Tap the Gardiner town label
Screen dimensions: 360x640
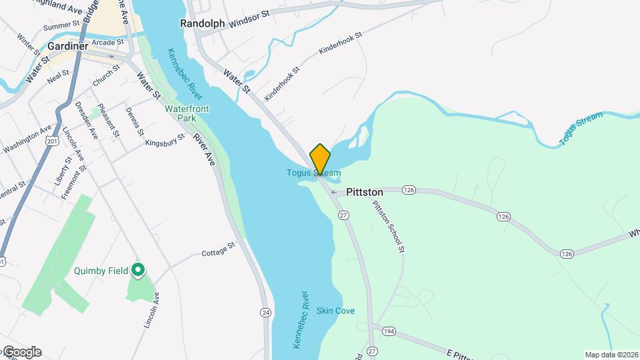coord(67,47)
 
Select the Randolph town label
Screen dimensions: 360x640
coord(202,23)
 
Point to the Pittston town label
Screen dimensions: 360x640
coord(365,192)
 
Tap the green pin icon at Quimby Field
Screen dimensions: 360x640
coord(138,270)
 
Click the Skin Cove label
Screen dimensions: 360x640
coord(335,311)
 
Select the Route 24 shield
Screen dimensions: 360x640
coord(265,312)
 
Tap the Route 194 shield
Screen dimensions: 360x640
coord(388,331)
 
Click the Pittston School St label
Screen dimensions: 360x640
coord(389,227)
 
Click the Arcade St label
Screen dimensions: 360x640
coord(109,41)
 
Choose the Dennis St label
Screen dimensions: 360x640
coord(134,121)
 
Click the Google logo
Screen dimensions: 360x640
coord(21,352)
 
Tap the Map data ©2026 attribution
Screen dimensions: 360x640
coord(611,355)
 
